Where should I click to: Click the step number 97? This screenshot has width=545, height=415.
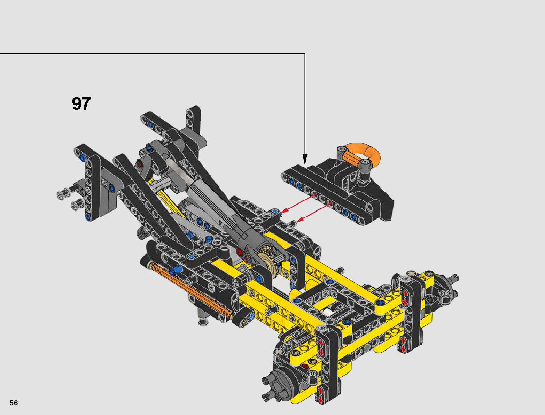[x=81, y=103]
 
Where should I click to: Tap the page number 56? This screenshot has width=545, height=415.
[x=14, y=403]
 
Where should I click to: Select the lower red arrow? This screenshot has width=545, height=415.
[x=314, y=212]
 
